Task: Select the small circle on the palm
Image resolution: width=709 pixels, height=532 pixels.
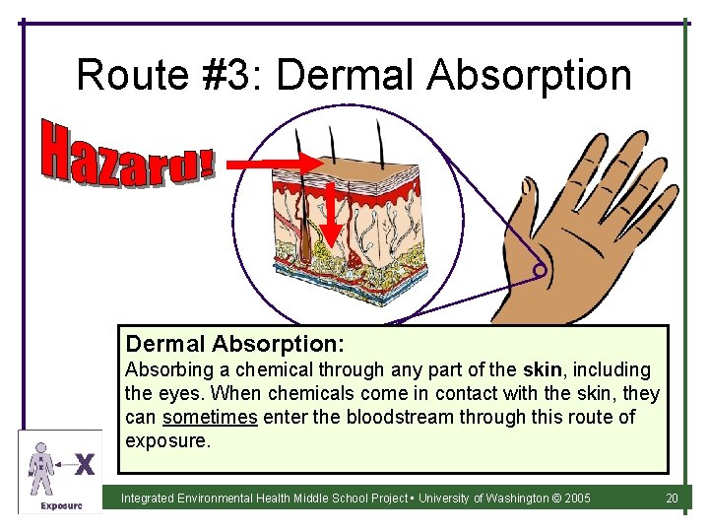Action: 539,270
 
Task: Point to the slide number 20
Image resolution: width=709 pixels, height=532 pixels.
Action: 672,499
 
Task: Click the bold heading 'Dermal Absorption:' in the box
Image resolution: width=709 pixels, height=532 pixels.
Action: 234,344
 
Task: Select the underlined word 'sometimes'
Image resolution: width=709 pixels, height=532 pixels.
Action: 209,417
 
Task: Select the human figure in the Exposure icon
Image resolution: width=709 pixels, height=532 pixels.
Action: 40,465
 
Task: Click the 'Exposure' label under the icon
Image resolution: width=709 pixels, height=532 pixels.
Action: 59,505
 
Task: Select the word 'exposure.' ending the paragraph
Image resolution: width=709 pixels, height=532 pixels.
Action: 167,440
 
